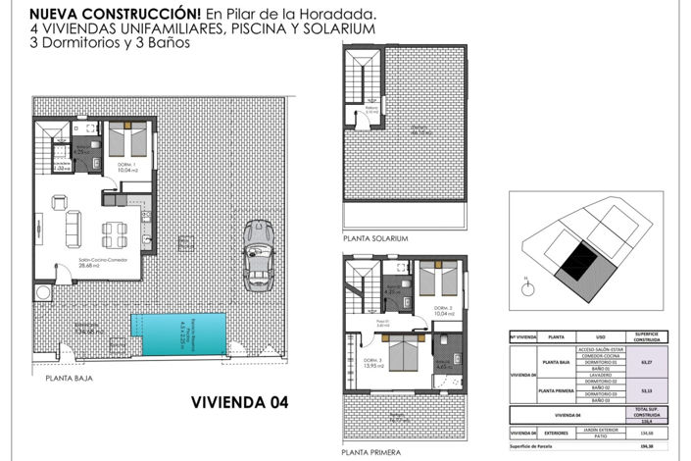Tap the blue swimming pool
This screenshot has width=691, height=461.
point(178,333)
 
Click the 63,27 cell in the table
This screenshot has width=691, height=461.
point(645,361)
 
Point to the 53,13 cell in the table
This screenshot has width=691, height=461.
point(645,388)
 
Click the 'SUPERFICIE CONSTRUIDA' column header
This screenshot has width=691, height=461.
point(645,335)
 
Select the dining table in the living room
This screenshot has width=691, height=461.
point(115,232)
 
